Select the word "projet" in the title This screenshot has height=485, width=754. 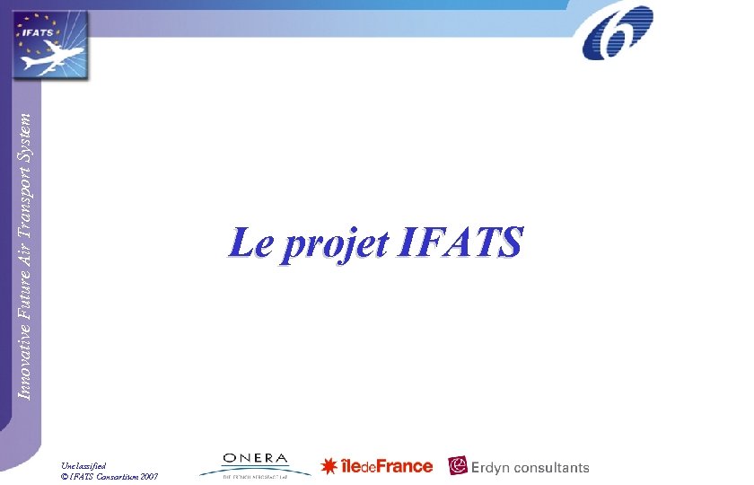pos(332,244)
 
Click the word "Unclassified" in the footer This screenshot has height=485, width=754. pos(83,465)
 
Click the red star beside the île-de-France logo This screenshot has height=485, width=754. pos(329,467)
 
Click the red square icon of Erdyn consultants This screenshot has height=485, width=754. pos(458,466)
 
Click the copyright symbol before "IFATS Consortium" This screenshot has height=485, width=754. pos(65,476)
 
